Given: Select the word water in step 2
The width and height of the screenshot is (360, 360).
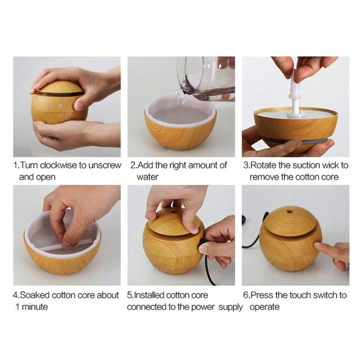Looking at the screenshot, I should [147, 177].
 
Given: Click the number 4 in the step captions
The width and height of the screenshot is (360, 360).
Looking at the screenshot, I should [15, 295].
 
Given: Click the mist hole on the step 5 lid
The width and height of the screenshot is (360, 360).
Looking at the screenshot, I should [174, 211].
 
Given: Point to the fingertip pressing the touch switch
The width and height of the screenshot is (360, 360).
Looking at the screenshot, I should [317, 246].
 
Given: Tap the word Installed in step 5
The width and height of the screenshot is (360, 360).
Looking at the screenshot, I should [149, 295].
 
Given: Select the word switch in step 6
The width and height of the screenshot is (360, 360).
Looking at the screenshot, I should [324, 295].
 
